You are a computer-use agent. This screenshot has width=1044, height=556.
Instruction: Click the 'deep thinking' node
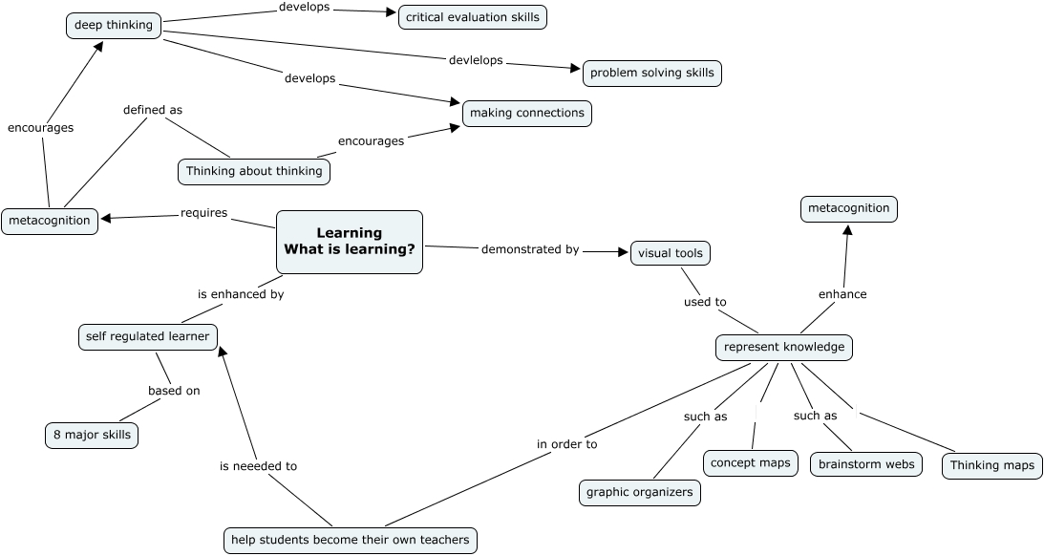(x=114, y=25)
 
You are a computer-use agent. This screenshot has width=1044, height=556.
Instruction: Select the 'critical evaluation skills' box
(x=473, y=16)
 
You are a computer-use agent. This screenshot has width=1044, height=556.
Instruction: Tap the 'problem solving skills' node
(x=651, y=73)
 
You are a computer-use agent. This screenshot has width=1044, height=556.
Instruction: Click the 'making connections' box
(x=527, y=113)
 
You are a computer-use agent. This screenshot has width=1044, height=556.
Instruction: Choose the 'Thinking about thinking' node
(x=255, y=171)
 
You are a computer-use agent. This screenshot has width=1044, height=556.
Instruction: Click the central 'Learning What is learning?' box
(x=350, y=242)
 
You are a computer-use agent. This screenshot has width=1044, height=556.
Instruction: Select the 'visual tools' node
(x=671, y=253)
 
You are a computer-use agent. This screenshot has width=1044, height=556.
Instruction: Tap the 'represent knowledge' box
(x=784, y=347)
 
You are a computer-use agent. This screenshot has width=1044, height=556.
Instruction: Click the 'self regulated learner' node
(x=147, y=336)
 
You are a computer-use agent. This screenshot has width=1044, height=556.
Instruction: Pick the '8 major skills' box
(x=92, y=436)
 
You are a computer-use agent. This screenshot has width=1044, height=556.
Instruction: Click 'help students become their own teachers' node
(x=351, y=540)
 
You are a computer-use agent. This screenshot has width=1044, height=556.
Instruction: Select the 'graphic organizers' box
(x=640, y=493)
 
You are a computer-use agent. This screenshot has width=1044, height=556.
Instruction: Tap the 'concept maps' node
(x=751, y=463)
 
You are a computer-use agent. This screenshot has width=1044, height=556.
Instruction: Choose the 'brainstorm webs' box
(x=866, y=464)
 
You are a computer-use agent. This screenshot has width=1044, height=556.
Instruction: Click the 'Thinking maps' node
(x=992, y=465)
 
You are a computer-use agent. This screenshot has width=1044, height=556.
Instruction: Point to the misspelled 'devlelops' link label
(x=475, y=60)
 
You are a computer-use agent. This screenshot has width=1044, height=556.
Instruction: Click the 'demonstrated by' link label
(x=530, y=249)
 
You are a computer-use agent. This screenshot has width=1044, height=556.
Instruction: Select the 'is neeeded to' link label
(x=258, y=466)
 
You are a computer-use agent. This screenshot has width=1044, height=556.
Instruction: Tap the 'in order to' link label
(x=566, y=443)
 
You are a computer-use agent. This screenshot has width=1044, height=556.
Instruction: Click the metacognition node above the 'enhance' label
(x=848, y=208)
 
